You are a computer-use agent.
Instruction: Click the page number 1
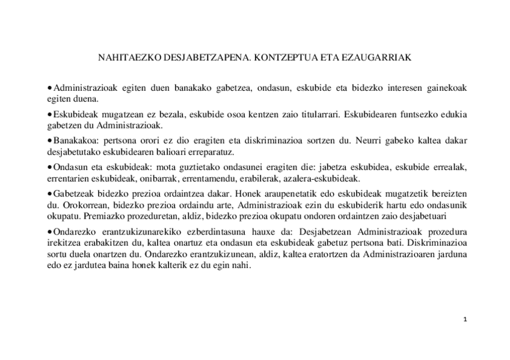[465, 319]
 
